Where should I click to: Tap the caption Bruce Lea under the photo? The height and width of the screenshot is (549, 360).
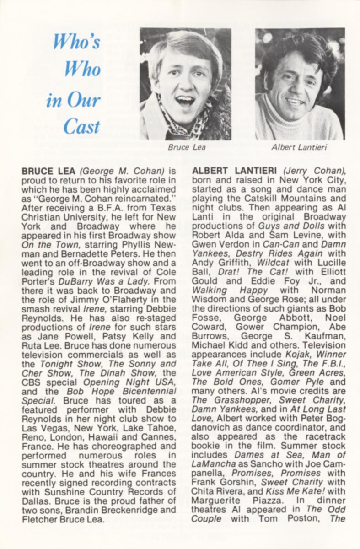pyautogui.click(x=187, y=147)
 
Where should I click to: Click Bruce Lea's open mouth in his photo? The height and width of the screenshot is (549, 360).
pyautogui.click(x=185, y=100)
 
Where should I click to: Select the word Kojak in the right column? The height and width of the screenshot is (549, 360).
pyautogui.click(x=300, y=354)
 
